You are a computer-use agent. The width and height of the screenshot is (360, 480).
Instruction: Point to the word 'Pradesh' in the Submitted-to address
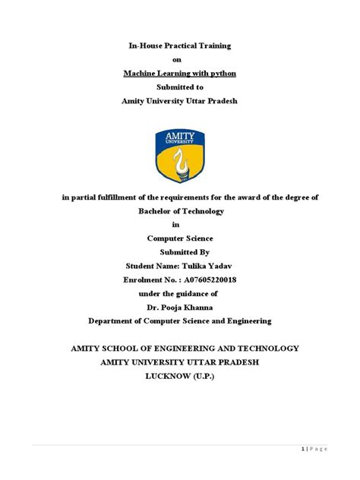tap(218, 102)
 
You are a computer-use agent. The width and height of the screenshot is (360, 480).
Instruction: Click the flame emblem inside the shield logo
tap(179, 160)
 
